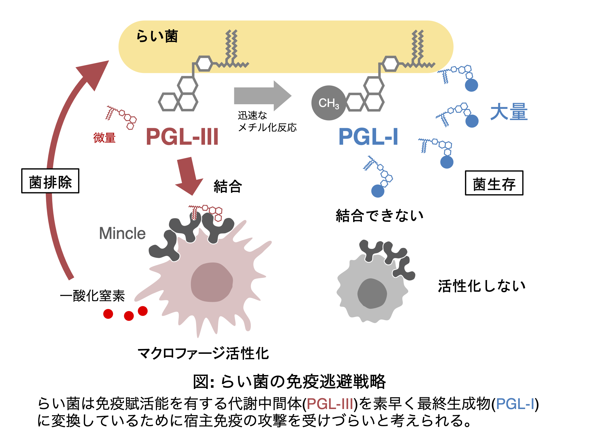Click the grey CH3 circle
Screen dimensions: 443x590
coord(329,103)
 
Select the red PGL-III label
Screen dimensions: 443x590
coord(182,137)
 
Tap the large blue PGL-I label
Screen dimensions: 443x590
coord(368,137)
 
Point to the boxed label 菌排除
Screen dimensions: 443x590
coord(50,181)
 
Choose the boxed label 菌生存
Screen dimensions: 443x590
coord(494,183)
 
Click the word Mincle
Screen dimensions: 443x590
coord(122,233)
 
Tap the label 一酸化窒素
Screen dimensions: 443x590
coord(92,296)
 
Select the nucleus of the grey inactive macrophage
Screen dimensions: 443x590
coord(372,294)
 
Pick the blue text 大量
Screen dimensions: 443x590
coord(509,112)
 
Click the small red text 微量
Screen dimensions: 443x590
coord(104,138)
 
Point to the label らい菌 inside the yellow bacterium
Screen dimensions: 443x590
coord(157,36)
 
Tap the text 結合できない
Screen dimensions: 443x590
coord(380,215)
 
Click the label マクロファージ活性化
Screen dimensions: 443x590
coord(203,353)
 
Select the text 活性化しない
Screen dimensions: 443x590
coord(482,286)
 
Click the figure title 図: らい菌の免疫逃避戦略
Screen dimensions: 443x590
coord(289,381)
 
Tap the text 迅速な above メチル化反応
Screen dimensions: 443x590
coord(252,115)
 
